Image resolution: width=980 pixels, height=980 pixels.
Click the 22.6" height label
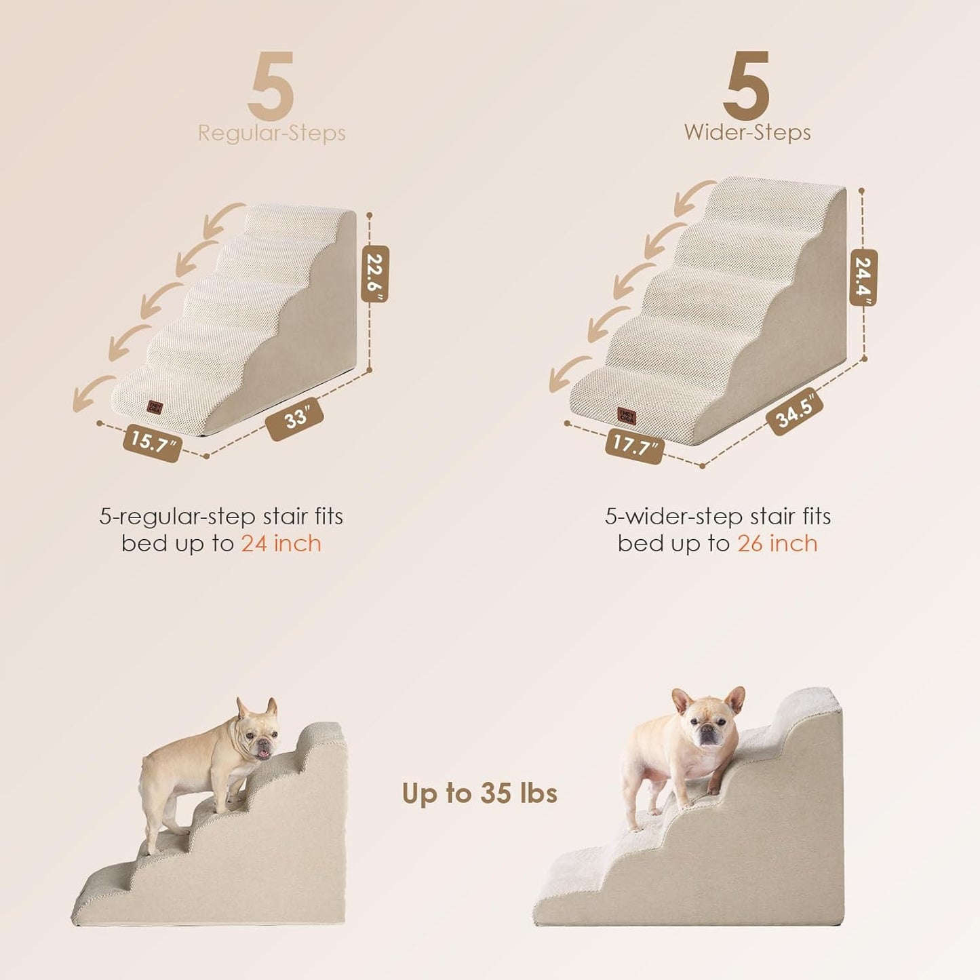point(375,273)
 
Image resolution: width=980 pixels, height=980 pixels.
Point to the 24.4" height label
point(863,277)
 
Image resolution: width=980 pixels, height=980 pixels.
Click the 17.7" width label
point(634,446)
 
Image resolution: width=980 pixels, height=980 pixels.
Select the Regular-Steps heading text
point(271,133)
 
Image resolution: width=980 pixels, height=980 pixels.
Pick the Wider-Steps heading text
point(747,132)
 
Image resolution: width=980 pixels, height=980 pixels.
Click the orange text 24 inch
point(281,544)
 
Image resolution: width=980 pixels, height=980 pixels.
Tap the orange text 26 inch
point(777,544)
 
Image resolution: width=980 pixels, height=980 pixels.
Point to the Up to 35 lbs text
point(479,793)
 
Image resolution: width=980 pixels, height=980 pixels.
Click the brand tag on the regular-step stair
point(155,406)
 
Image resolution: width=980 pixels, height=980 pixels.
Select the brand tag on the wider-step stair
point(626,414)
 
